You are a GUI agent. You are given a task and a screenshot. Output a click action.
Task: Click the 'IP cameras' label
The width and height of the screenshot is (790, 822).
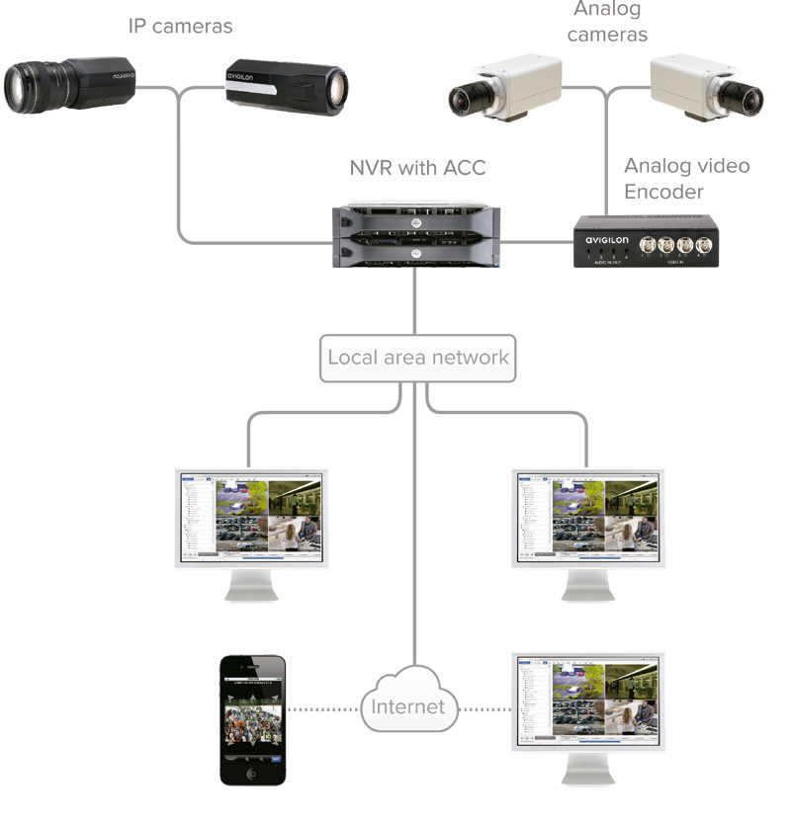pos(180,26)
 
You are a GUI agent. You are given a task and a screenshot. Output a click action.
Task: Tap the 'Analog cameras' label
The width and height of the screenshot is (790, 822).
pos(607,22)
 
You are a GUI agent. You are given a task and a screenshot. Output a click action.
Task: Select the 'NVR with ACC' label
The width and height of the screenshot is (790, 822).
pos(417,167)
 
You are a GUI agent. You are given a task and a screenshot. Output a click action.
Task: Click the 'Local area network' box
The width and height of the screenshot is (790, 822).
pos(417,357)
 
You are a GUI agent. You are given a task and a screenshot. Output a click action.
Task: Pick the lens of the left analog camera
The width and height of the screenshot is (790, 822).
pos(463,99)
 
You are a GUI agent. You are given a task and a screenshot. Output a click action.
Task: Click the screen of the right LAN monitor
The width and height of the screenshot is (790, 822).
pos(586,517)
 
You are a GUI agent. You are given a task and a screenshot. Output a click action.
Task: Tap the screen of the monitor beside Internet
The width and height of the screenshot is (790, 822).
pos(586,699)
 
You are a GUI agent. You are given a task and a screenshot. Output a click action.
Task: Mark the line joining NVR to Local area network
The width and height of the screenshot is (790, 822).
pos(415,301)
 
